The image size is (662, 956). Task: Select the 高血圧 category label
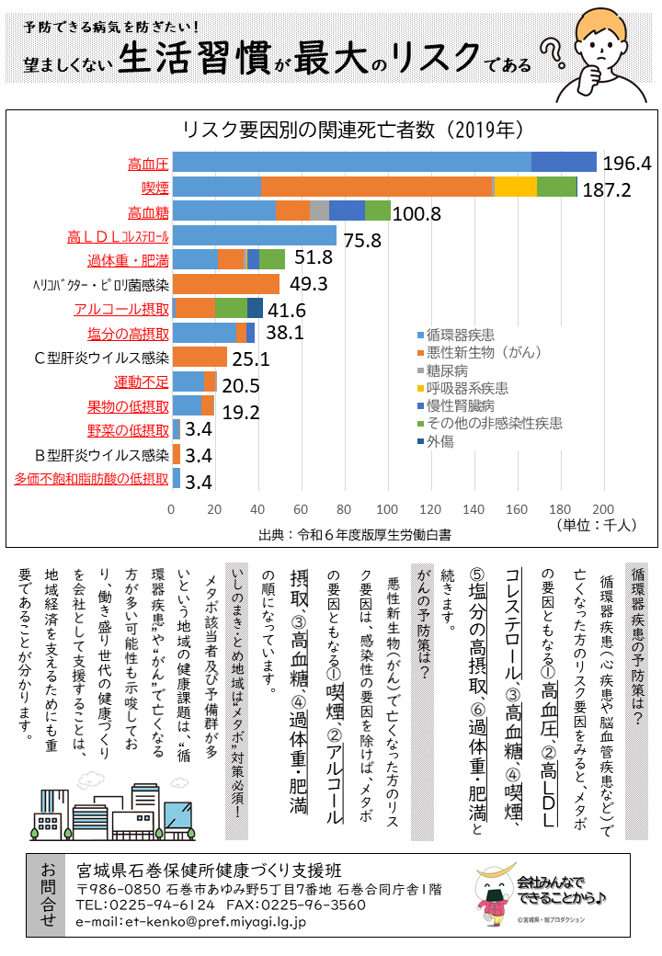[148, 165]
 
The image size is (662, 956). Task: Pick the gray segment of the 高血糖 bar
[319, 211]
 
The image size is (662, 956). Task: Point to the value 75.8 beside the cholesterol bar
[362, 241]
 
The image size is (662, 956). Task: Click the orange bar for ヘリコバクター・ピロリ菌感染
[225, 283]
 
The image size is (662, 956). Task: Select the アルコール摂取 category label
[121, 308]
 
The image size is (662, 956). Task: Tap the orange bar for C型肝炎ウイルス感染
[199, 357]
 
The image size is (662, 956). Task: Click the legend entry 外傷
[440, 440]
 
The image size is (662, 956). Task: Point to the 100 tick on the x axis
[387, 509]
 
